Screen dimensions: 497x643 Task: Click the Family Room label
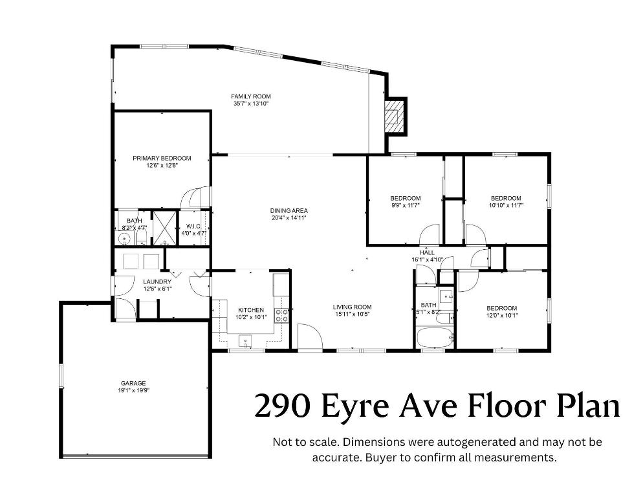coord(250,96)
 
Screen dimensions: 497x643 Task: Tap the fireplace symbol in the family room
coord(392,116)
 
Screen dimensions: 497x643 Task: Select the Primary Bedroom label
coord(162,158)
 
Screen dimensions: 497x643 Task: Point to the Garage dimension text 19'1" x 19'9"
coord(133,390)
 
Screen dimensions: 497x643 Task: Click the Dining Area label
coord(289,210)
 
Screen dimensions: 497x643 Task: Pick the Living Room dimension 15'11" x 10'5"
coord(352,315)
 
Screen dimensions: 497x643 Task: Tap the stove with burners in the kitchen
coord(282,315)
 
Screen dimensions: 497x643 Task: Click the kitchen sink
coord(245,340)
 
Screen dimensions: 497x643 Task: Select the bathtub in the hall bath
coord(430,338)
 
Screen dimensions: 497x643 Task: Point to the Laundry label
coord(157,282)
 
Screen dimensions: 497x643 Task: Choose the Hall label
coord(428,252)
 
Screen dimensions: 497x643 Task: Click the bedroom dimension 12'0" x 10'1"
coord(501,316)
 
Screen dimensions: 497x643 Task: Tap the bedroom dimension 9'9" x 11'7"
coord(406,205)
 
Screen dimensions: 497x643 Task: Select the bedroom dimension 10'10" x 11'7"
coord(506,205)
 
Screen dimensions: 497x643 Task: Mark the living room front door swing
coord(309,338)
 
